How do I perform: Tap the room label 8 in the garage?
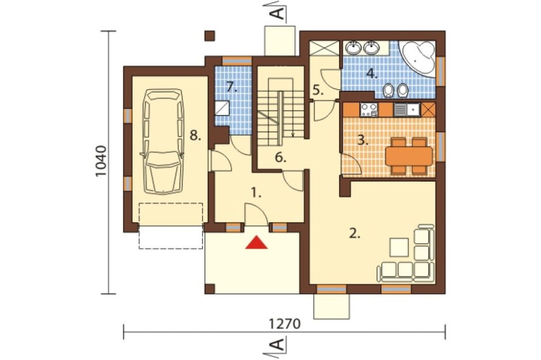195,136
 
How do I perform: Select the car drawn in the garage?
163,142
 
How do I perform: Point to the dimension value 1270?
285,324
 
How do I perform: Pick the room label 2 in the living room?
355,234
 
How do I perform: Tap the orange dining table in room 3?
409,156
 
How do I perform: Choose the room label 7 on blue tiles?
232,87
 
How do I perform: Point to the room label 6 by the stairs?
280,158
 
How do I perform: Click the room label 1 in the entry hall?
255,193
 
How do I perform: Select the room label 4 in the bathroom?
372,74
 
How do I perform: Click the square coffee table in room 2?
399,247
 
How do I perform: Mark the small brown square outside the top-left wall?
210,36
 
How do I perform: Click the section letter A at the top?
278,13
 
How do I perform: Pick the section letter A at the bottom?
278,344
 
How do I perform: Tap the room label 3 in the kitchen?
361,141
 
